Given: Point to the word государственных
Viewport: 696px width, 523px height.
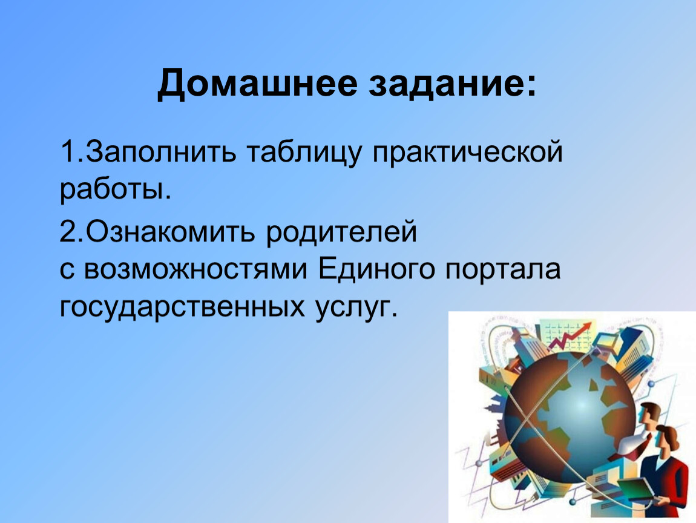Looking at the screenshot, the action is (182, 308).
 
